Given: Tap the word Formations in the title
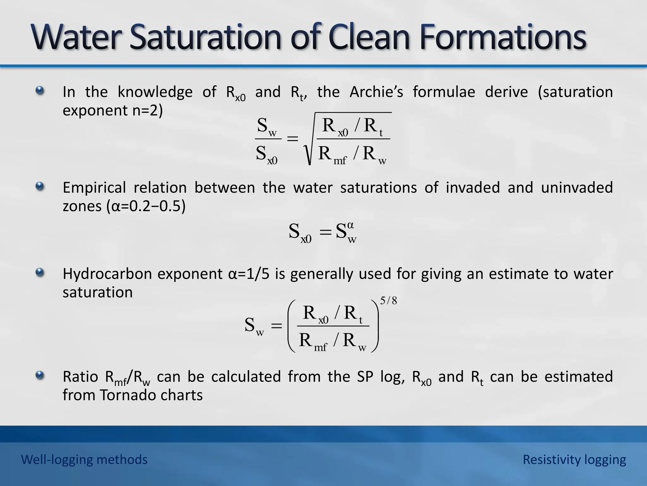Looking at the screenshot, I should [x=503, y=37].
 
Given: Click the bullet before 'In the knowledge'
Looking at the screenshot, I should [x=40, y=91].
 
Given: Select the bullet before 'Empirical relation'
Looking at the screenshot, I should [x=40, y=186].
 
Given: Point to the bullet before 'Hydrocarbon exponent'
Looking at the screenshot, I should [x=40, y=272].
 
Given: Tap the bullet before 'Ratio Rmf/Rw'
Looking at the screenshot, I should [x=40, y=376].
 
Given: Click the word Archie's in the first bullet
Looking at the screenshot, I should [x=376, y=92].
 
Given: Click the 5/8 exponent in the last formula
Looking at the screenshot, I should [x=388, y=301].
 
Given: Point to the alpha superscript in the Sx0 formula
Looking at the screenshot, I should [x=350, y=226].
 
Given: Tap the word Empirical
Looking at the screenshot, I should [x=94, y=188].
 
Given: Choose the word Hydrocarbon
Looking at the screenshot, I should [x=107, y=274].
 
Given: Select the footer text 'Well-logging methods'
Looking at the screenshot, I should [x=84, y=459].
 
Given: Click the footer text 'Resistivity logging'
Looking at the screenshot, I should [x=574, y=459].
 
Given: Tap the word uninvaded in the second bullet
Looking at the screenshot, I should [x=577, y=188].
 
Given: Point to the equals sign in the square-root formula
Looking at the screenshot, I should [x=292, y=139].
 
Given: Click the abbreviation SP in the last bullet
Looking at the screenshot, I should [x=366, y=377].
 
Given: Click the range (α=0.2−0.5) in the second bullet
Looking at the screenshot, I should [x=146, y=206].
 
